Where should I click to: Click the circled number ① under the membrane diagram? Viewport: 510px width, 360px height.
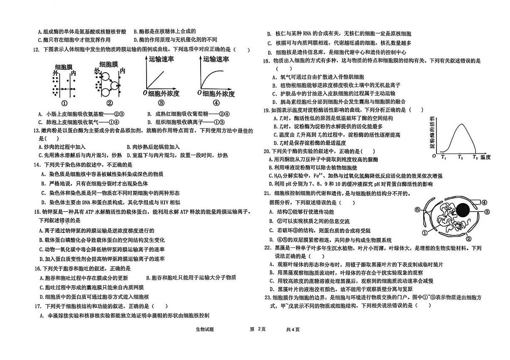(65, 103)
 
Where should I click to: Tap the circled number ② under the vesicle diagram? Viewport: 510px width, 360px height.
(110, 103)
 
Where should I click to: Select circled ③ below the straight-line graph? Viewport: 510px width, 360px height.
(161, 103)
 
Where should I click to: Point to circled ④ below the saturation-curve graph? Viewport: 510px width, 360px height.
(216, 103)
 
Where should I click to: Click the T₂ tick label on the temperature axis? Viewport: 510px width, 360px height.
(460, 157)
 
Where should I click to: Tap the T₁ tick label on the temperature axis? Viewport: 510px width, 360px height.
(444, 157)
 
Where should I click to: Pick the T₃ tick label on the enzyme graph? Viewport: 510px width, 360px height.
(475, 157)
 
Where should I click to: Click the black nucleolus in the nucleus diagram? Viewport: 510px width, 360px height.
(463, 210)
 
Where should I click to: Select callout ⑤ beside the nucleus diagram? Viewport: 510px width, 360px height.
(417, 210)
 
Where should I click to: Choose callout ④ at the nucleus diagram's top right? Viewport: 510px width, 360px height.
(484, 202)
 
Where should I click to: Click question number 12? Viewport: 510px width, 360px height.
(37, 49)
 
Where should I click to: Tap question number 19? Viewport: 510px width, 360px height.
(266, 111)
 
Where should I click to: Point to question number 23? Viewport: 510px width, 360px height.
(268, 298)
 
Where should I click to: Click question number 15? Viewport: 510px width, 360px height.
(37, 212)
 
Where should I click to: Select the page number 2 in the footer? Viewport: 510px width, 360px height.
(259, 329)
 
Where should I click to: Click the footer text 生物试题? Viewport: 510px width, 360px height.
(205, 329)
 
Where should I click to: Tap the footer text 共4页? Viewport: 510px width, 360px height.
(293, 329)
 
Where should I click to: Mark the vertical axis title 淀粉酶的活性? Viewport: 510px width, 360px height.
(432, 133)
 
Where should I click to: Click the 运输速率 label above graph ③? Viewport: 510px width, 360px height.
(161, 60)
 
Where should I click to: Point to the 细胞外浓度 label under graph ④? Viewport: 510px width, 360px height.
(218, 94)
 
